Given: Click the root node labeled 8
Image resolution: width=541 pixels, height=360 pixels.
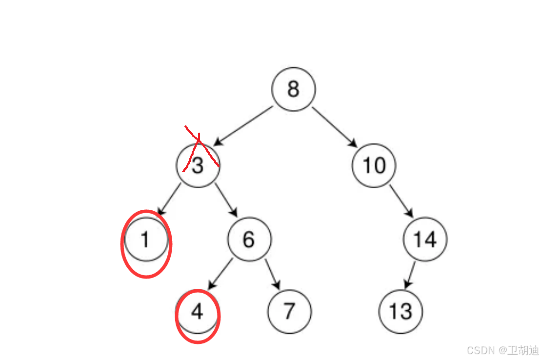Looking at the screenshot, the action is (293, 89).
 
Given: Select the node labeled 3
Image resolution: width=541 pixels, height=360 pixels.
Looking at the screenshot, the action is (197, 166).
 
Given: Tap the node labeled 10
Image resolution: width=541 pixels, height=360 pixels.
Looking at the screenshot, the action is (374, 166).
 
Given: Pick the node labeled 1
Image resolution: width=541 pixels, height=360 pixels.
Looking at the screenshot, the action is (146, 240).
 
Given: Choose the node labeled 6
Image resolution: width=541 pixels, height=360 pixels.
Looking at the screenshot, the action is (249, 240).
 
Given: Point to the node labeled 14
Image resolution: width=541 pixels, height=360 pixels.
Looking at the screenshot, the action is (425, 240).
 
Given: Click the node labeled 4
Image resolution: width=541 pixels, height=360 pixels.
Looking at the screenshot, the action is (197, 312).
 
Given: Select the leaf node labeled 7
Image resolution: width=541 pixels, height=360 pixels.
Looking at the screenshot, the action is (289, 312).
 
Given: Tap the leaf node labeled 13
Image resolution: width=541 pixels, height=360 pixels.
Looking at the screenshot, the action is (401, 312).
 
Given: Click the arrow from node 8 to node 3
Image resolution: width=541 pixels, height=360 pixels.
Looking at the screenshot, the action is (242, 126).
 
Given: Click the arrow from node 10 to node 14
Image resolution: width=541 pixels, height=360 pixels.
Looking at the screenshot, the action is (401, 201).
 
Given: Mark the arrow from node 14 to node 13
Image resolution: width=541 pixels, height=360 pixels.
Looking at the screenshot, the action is (411, 274).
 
